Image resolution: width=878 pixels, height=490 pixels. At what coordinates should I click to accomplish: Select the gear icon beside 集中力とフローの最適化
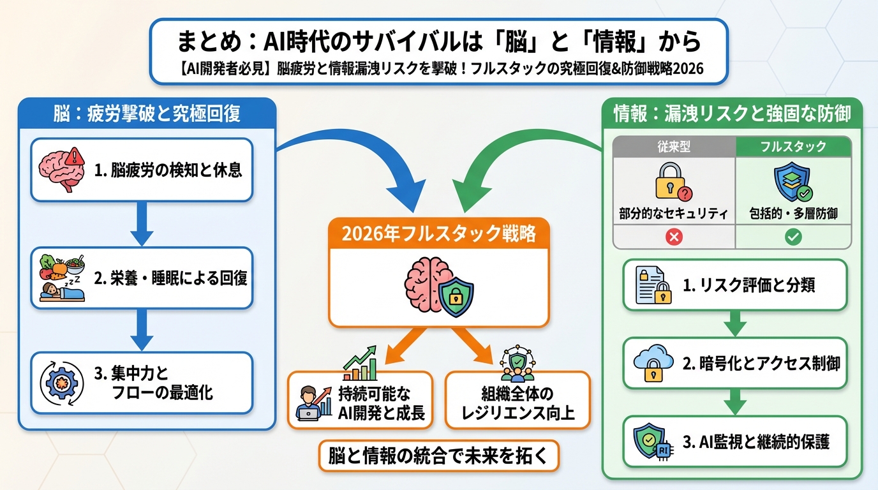(60, 383)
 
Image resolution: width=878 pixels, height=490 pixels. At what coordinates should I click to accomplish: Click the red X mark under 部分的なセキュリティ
(674, 237)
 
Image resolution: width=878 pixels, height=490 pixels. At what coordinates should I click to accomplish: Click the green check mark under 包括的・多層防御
(793, 237)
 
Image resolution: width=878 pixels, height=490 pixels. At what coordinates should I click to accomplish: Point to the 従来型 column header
(674, 147)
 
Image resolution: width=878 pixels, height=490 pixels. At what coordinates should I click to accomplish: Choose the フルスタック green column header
(793, 147)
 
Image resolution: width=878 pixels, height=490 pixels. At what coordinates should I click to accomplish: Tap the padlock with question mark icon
(674, 182)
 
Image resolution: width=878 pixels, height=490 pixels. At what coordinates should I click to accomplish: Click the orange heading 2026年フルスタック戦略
(438, 234)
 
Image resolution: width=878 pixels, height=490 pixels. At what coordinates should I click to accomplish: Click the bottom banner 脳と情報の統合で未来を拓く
(438, 456)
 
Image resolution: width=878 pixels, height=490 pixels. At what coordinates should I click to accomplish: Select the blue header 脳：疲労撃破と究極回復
(147, 114)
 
